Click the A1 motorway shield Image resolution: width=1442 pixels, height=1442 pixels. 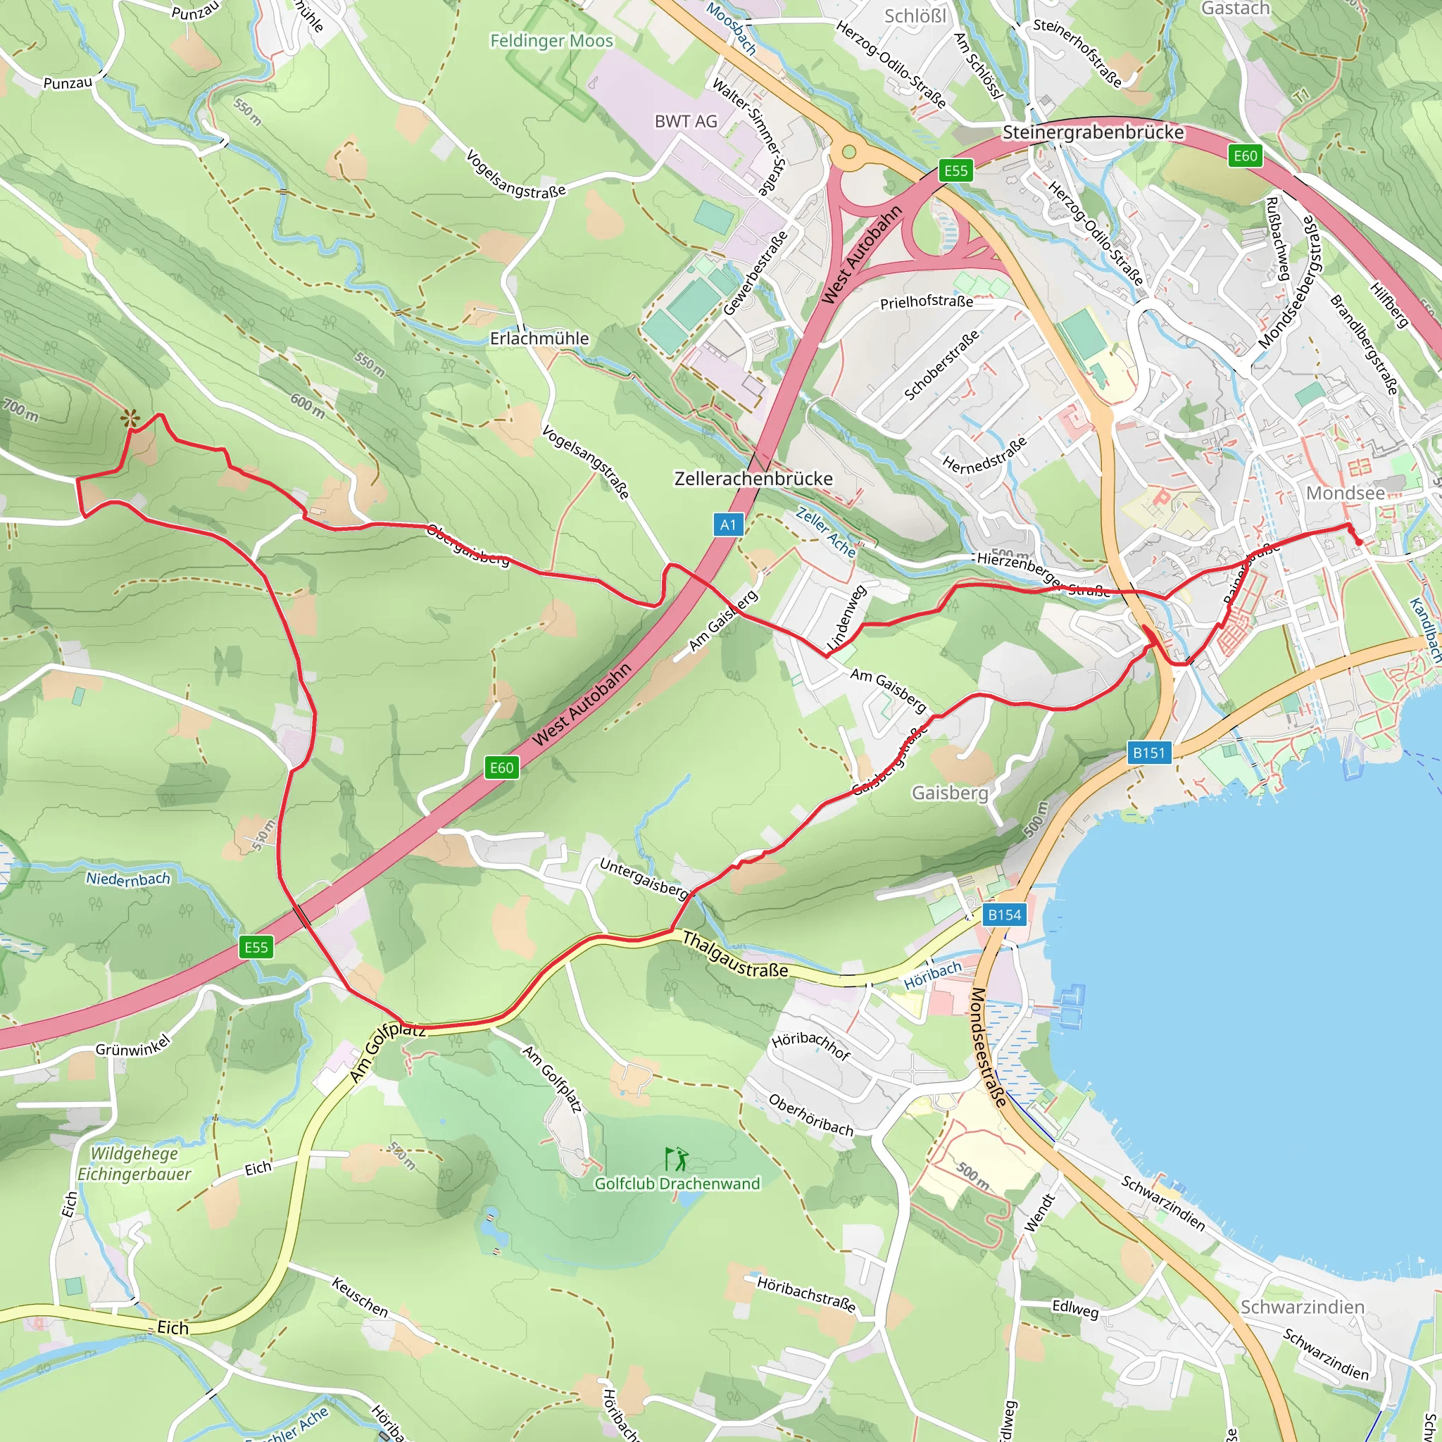click(x=728, y=525)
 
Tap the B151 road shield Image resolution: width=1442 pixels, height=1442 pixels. click(x=1148, y=753)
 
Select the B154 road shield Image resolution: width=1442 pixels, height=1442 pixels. click(x=1004, y=915)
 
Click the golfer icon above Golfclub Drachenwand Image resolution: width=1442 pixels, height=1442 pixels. click(x=676, y=1159)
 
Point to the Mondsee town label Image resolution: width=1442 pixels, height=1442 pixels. click(x=1345, y=494)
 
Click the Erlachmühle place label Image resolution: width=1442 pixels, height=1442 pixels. click(x=539, y=338)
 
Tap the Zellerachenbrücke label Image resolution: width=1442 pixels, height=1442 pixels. click(x=753, y=478)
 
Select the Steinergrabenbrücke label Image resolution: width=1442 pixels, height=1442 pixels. click(x=1093, y=132)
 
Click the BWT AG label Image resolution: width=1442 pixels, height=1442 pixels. click(x=685, y=121)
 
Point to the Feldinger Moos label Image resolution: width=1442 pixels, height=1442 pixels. click(x=551, y=40)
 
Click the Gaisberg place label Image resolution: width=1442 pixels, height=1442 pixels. click(x=949, y=793)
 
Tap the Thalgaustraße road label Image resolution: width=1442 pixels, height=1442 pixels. click(x=735, y=955)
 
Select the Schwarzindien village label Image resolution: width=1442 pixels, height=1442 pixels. click(x=1303, y=1306)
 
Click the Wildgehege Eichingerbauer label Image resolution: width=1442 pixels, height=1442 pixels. click(x=134, y=1164)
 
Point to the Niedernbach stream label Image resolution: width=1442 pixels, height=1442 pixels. click(x=128, y=879)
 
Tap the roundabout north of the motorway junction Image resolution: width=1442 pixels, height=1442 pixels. click(x=848, y=152)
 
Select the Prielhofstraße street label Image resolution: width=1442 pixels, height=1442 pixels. click(x=927, y=301)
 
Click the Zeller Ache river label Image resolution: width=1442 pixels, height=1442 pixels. click(x=825, y=532)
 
